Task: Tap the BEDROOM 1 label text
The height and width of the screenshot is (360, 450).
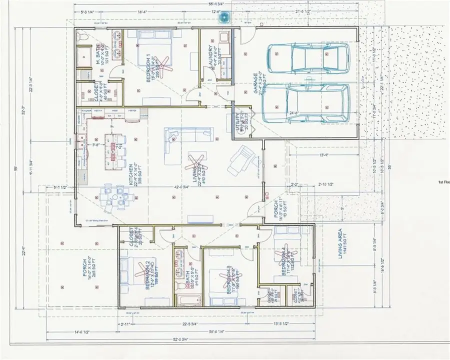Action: click(x=148, y=68)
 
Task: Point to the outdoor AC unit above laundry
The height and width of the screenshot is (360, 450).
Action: click(x=225, y=17)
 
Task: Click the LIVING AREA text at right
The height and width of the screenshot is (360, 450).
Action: click(x=340, y=243)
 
